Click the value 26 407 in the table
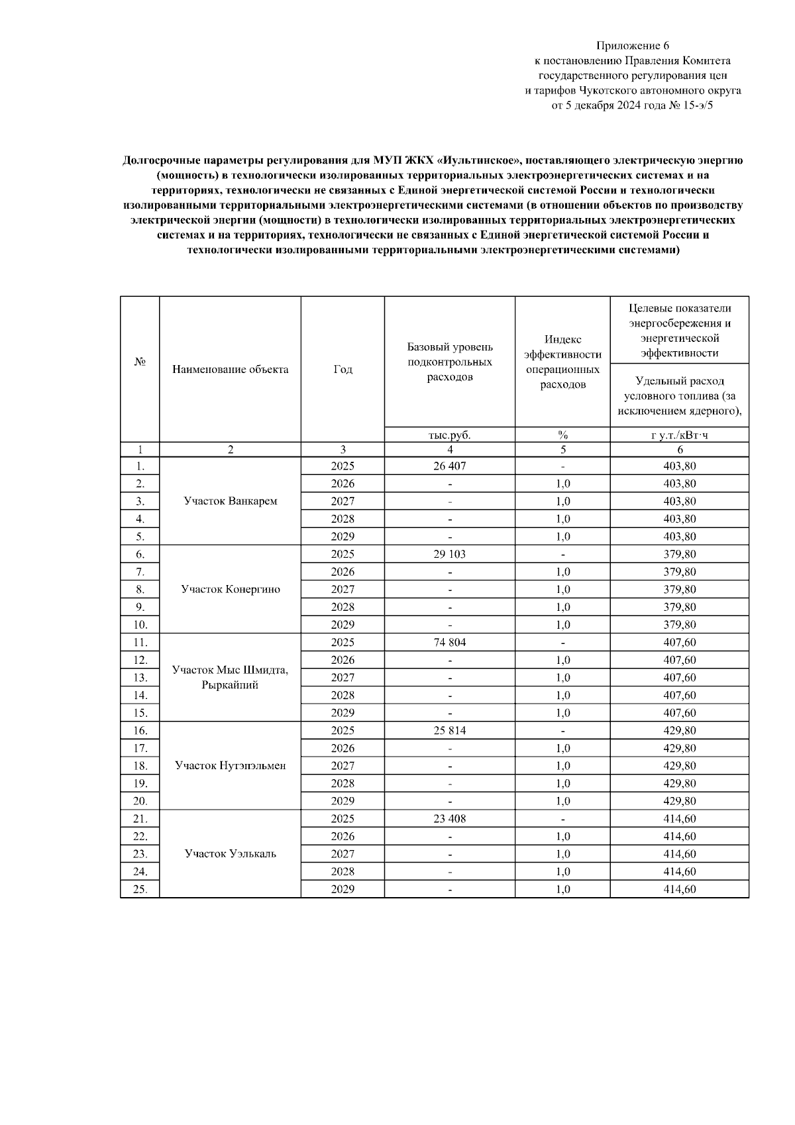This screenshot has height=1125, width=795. [x=449, y=466]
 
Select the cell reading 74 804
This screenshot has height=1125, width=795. [x=449, y=642]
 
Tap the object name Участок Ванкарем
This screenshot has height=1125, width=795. [x=230, y=501]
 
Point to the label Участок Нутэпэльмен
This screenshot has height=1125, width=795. [x=230, y=765]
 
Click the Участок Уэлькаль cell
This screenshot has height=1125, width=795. [x=230, y=853]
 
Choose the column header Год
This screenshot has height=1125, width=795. [x=343, y=369]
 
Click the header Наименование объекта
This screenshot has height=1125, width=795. [x=230, y=369]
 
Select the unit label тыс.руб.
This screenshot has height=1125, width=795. [x=449, y=435]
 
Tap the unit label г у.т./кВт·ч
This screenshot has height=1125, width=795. [x=679, y=435]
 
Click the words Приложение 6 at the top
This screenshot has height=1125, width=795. [x=632, y=46]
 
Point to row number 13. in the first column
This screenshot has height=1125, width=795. [x=140, y=677]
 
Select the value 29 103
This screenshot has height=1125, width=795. [x=449, y=554]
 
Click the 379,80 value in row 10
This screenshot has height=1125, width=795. [x=679, y=624]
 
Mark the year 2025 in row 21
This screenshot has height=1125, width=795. [x=343, y=818]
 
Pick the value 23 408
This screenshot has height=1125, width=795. [x=449, y=818]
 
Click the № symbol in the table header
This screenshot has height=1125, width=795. [x=140, y=362]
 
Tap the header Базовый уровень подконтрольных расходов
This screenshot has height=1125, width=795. [x=449, y=362]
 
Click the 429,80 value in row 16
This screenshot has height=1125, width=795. [x=679, y=730]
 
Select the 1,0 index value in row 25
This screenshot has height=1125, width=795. [x=562, y=889]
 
